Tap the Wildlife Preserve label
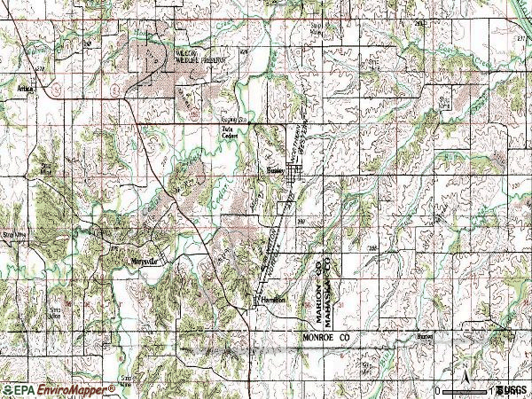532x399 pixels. [x=176, y=57]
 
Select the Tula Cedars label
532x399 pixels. [x=230, y=134]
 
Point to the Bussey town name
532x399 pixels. [x=275, y=171]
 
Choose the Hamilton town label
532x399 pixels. [x=273, y=301]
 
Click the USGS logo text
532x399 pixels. [x=512, y=390]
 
